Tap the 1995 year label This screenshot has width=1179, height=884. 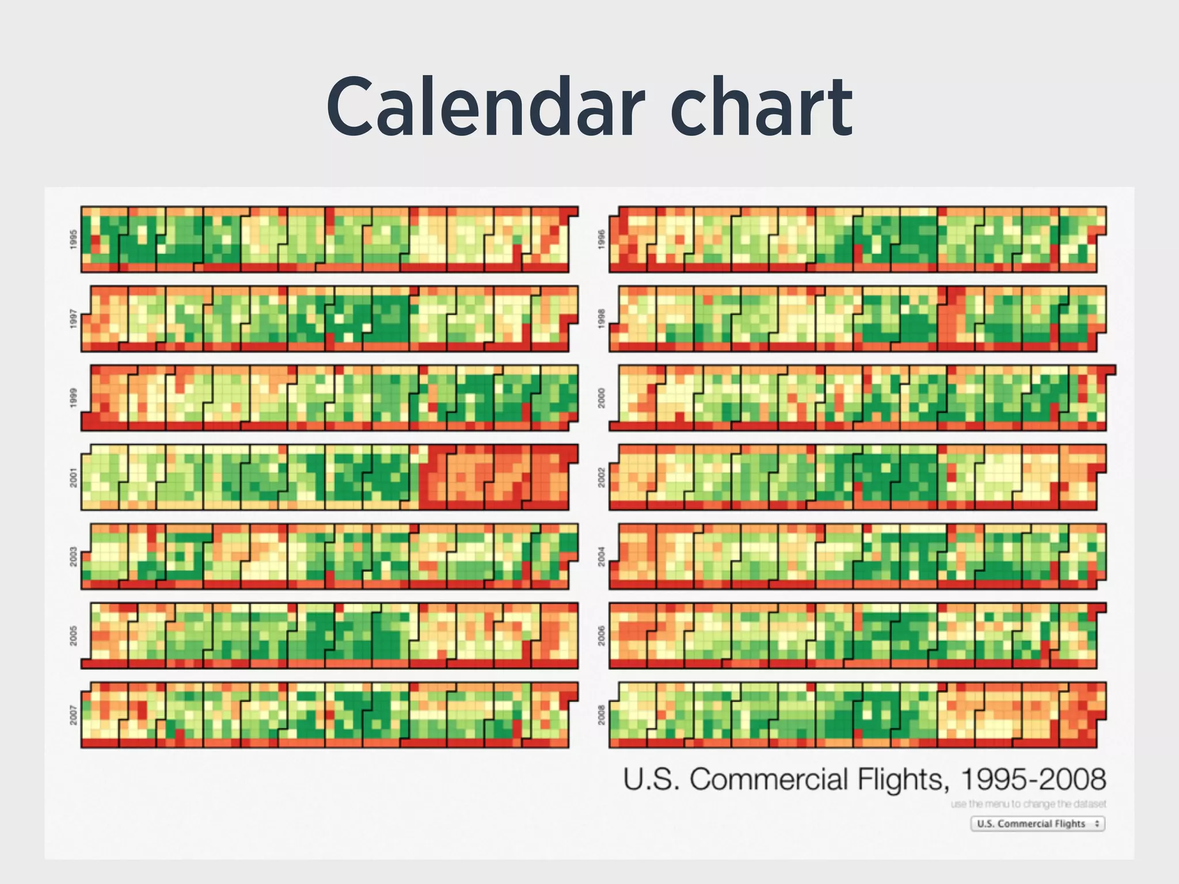point(73,239)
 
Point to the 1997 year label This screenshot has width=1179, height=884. point(73,318)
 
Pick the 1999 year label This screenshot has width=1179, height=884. point(73,398)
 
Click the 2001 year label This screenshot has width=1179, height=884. point(73,477)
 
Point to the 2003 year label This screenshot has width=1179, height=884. point(73,557)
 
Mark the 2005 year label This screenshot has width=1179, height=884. point(73,636)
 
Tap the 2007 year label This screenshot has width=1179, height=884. point(73,715)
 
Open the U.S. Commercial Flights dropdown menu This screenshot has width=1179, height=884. point(1037,824)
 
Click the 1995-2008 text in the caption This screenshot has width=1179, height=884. point(1033,779)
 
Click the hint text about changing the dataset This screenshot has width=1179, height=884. point(1028,804)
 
